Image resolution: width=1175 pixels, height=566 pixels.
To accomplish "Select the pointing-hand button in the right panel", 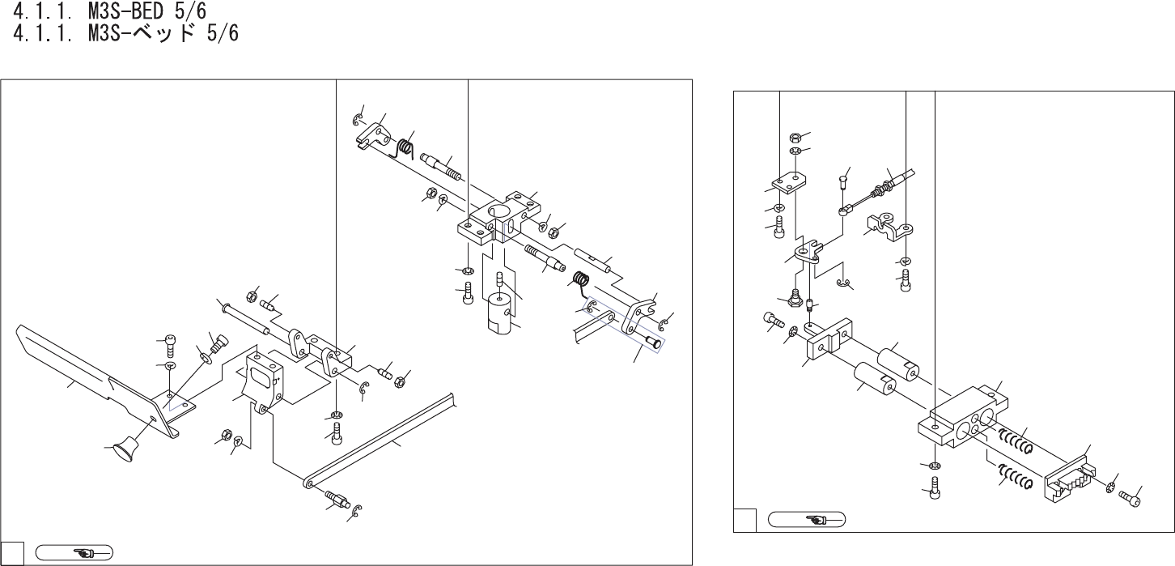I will [806, 518].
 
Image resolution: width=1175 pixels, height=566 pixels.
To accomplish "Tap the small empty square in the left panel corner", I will [11, 554].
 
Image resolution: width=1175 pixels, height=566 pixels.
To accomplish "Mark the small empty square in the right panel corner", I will [744, 519].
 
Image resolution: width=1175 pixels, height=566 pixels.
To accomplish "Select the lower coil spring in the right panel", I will [1013, 478].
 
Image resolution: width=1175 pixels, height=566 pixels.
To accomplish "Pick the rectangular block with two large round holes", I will [963, 417].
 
